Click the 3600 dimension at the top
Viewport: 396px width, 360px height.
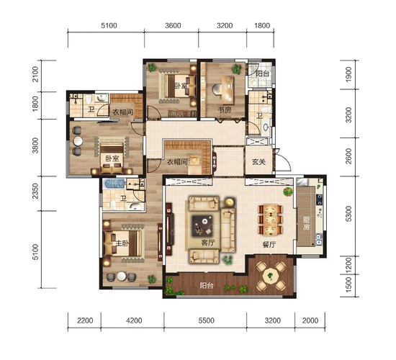point(173,25)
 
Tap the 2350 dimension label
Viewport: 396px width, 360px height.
point(35,191)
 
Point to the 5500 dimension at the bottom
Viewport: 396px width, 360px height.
point(207,320)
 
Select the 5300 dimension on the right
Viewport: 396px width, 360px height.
point(348,214)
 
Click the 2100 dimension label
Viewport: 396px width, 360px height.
point(35,74)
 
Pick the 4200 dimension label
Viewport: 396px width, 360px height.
point(134,320)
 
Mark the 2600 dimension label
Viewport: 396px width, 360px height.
point(348,156)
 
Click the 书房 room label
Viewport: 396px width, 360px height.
point(225,109)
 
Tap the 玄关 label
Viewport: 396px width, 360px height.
point(259,162)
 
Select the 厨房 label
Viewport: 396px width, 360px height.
point(306,223)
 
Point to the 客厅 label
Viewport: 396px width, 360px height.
point(208,243)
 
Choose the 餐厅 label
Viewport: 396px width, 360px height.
point(269,244)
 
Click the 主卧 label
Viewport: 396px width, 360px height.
point(122,243)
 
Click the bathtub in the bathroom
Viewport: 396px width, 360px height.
point(114,184)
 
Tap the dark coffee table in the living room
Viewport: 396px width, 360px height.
point(202,225)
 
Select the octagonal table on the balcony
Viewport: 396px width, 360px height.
point(271,275)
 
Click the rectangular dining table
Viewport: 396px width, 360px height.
point(271,220)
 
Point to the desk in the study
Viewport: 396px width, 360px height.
point(228,90)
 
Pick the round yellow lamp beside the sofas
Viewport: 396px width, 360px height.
point(230,202)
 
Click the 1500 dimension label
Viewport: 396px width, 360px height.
point(348,284)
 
